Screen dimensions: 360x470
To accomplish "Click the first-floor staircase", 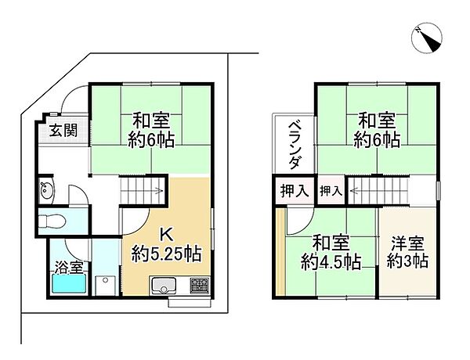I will [142, 190].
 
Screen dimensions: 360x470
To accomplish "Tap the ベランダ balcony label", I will [294, 145].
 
